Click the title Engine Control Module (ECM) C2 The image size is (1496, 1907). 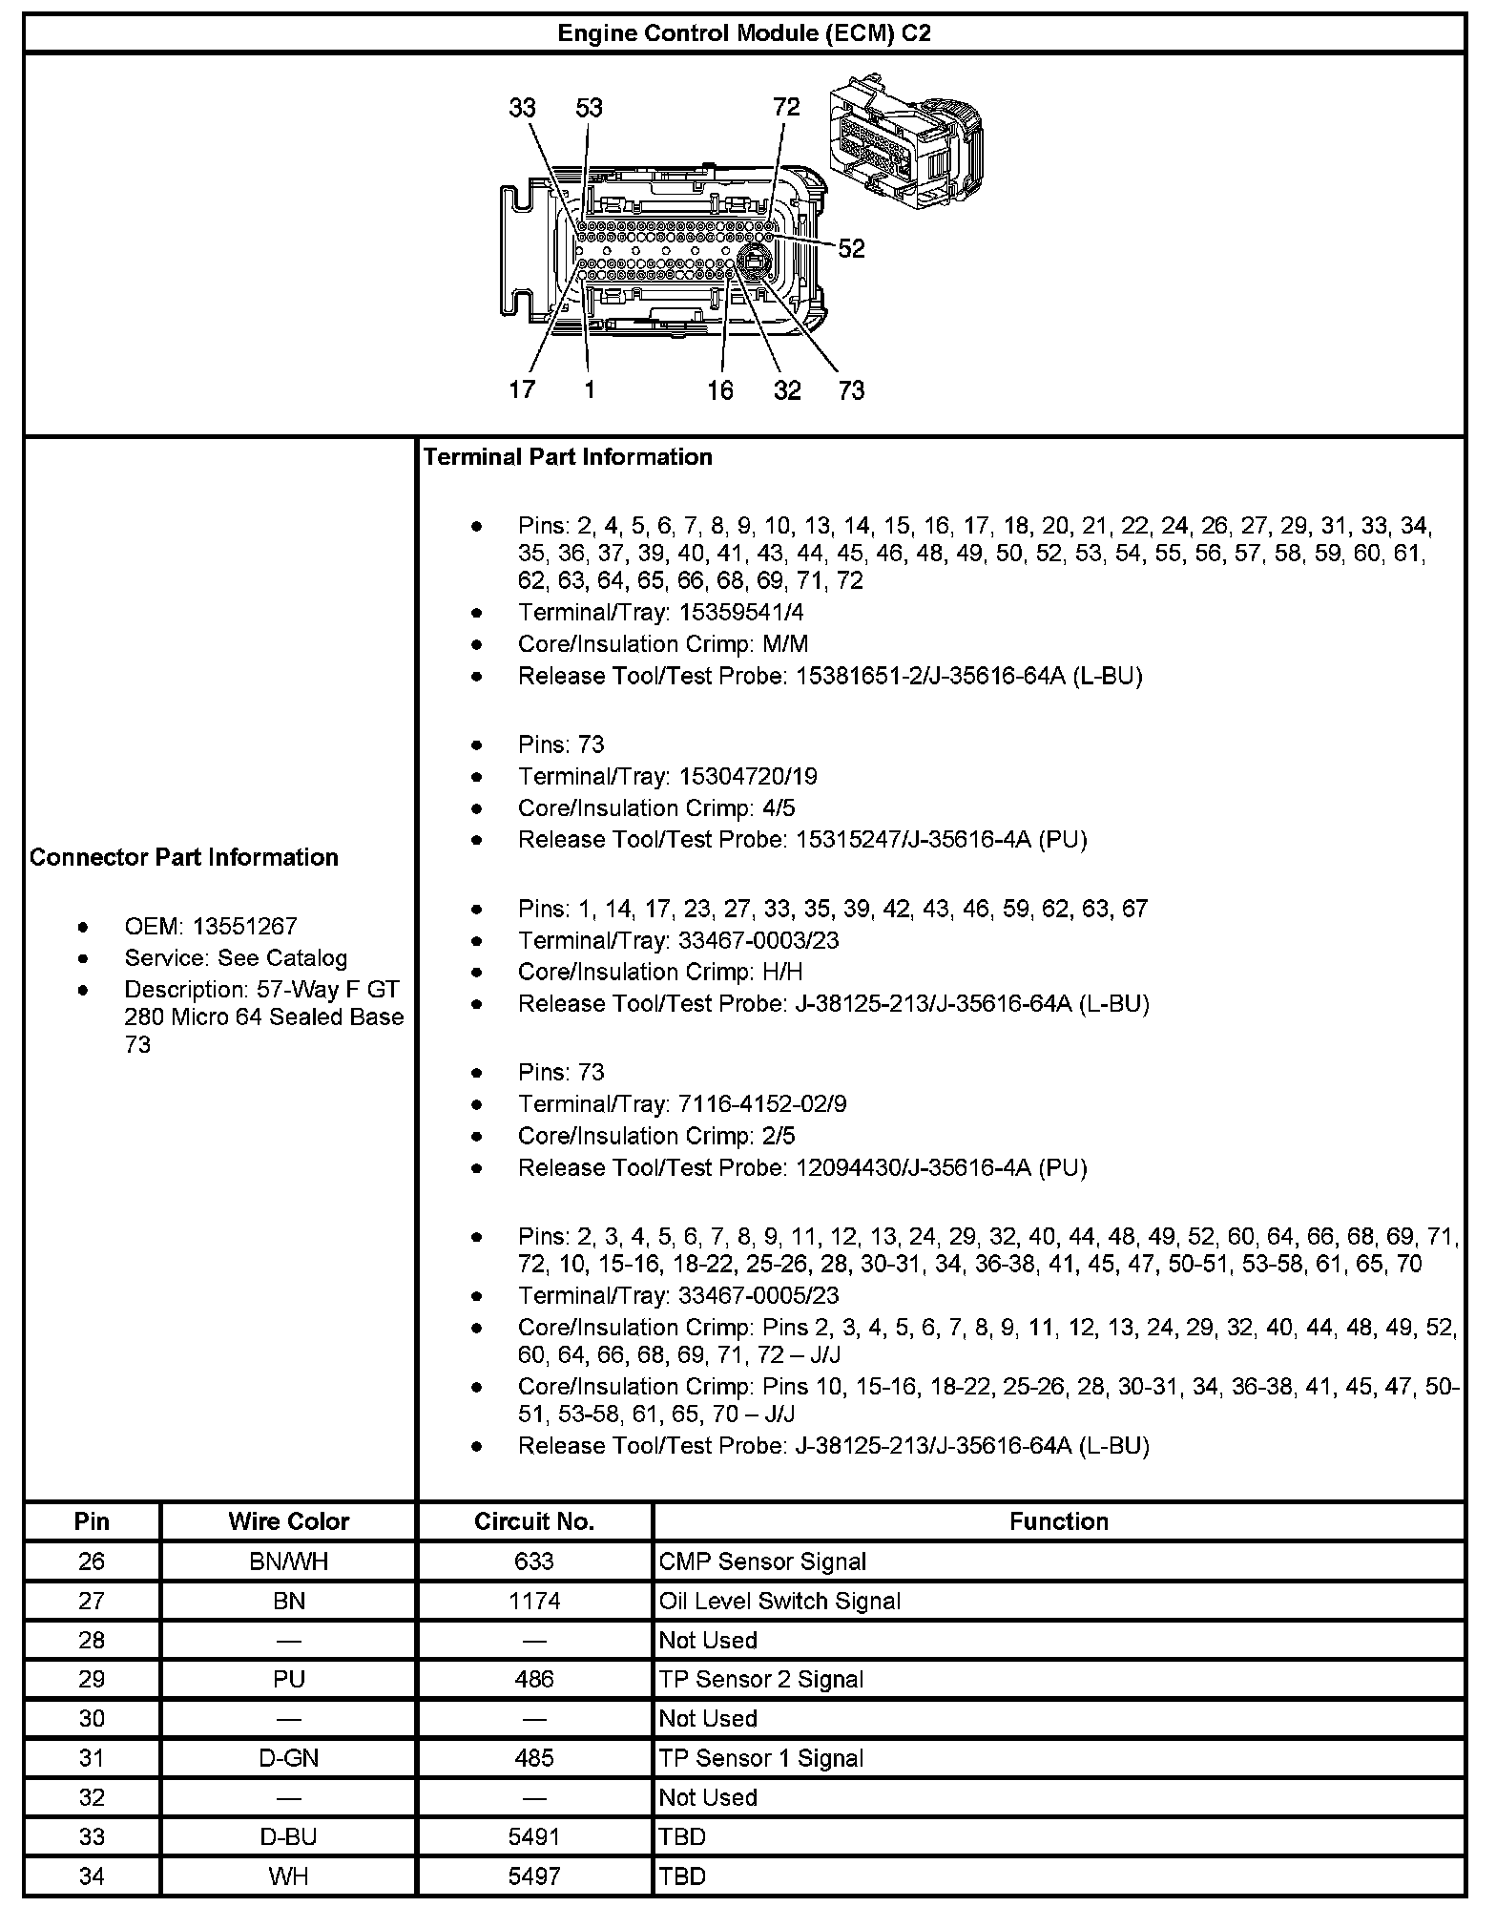point(744,33)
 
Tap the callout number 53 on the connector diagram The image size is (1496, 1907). point(589,108)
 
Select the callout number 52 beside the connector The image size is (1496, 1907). point(851,249)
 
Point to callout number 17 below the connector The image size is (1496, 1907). point(522,389)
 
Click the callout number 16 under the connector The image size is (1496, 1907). point(720,390)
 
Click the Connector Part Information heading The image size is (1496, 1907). point(184,857)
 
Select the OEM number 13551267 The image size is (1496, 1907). point(245,926)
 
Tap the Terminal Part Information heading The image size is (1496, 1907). point(568,457)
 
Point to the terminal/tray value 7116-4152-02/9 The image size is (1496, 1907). point(762,1104)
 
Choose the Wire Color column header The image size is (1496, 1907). point(288,1521)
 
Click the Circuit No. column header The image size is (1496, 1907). point(534,1521)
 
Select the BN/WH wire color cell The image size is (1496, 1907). point(288,1561)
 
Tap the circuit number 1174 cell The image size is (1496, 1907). point(534,1601)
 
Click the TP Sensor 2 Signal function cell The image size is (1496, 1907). point(761,1679)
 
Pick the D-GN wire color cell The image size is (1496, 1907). point(288,1758)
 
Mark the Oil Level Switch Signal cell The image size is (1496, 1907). point(779,1601)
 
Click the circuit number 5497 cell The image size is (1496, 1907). point(534,1876)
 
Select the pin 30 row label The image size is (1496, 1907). point(92,1718)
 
